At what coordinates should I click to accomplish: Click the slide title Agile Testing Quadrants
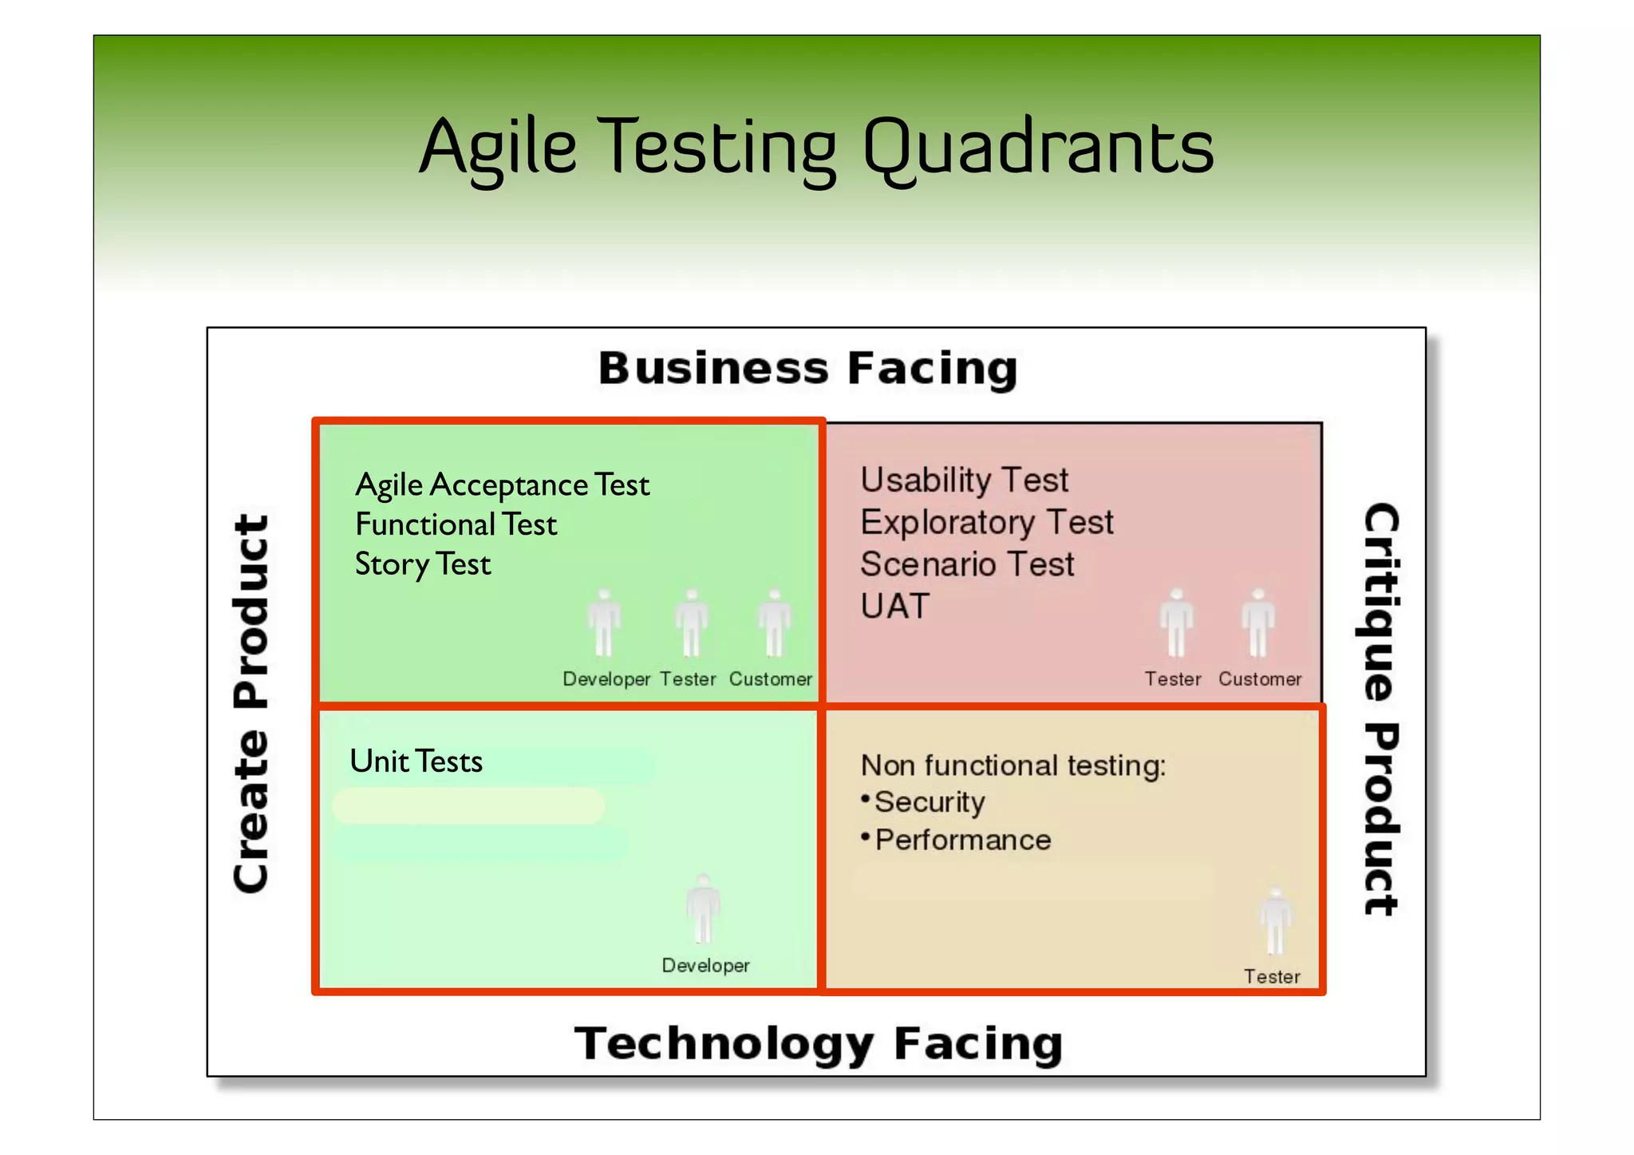816,148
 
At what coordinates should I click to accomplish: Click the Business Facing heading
807,369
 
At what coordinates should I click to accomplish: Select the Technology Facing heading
818,1043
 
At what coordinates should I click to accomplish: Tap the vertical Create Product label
251,704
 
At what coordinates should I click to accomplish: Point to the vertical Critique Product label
1380,709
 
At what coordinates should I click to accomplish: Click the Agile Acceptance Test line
502,485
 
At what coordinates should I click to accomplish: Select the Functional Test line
456,524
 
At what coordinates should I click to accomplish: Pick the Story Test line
423,564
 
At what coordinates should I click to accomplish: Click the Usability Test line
964,480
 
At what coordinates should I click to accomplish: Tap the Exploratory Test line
986,522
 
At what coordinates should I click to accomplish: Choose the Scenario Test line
967,564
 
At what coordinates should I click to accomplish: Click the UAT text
895,607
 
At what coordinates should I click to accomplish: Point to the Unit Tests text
416,761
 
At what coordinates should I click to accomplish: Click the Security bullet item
929,802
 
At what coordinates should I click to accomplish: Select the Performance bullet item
963,840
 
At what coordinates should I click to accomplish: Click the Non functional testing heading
1012,765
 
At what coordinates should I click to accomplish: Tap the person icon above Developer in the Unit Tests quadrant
703,910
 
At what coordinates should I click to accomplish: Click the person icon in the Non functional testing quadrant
1275,922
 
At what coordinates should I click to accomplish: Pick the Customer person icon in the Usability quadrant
1258,623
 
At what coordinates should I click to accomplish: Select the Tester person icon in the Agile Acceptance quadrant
691,623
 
